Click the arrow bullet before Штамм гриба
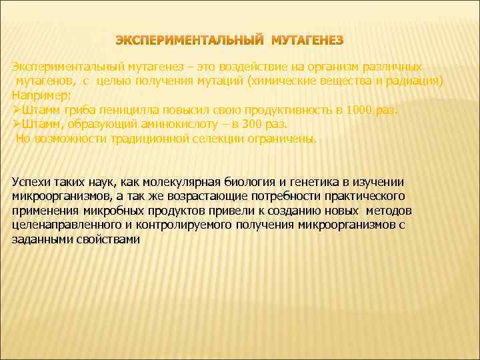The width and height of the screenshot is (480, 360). point(17,110)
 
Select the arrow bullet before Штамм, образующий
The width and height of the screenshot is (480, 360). point(17,125)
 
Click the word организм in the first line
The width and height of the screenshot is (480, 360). point(284,67)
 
